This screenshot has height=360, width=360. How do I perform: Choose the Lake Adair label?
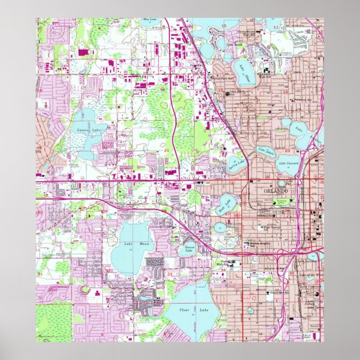coord(266,150)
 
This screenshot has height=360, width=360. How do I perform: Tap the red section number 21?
coord(167,150)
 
